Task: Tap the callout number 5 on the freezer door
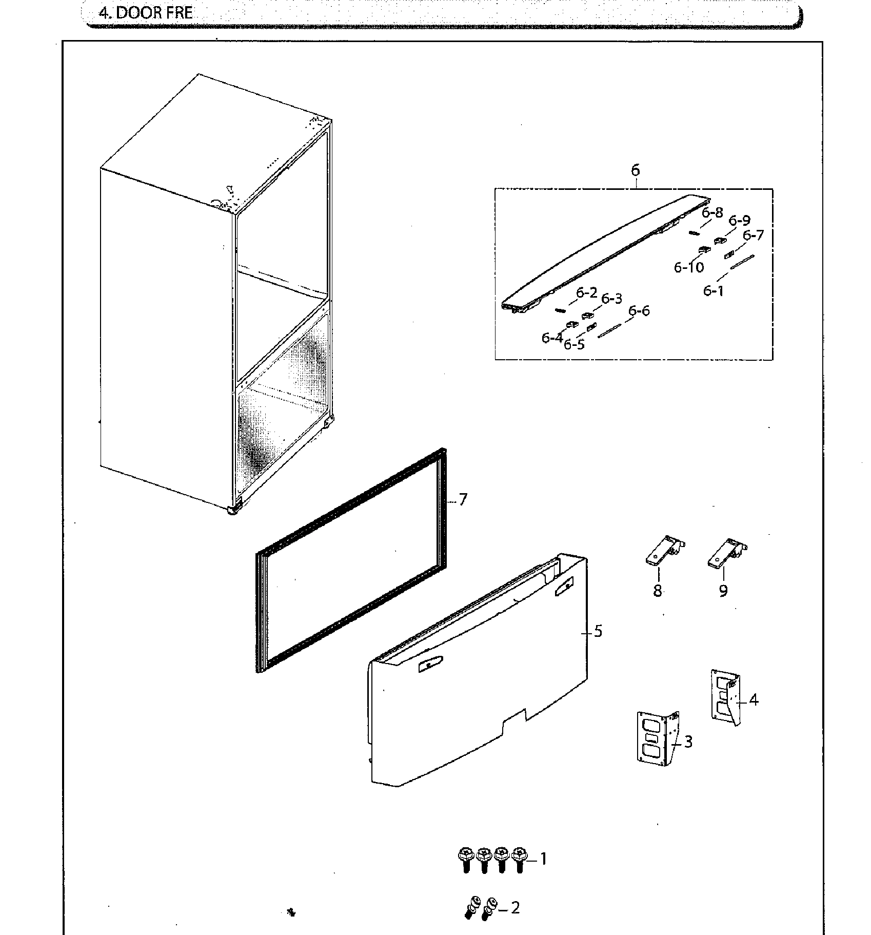click(598, 631)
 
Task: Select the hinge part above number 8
click(665, 551)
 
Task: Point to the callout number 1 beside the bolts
click(543, 859)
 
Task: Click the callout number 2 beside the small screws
click(515, 908)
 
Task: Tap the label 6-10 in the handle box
click(689, 267)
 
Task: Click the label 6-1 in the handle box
click(714, 291)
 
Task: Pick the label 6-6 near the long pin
click(639, 310)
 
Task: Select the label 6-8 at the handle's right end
click(712, 212)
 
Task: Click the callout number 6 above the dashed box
click(636, 170)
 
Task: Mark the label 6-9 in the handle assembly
click(739, 221)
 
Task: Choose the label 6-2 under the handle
click(586, 293)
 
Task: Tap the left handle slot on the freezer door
click(428, 666)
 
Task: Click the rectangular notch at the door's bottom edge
click(514, 719)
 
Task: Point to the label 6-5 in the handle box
click(574, 344)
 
